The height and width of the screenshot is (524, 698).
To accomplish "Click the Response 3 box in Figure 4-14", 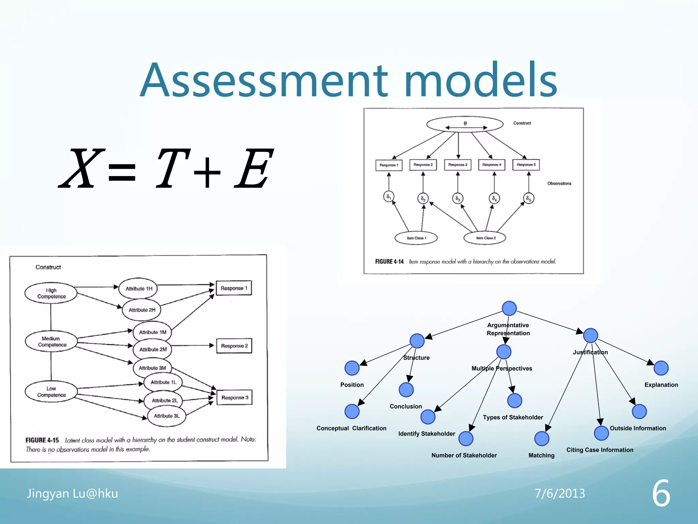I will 458,165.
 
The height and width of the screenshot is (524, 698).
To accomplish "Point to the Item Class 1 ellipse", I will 416,238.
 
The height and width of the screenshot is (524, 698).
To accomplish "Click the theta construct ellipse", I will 465,124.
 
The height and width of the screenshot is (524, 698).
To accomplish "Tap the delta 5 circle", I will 528,198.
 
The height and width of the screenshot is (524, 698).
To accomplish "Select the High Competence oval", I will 51,293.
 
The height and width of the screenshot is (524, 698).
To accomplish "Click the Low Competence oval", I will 51,392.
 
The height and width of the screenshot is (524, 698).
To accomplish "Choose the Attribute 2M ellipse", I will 153,349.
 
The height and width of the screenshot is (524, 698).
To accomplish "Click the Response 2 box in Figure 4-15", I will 234,346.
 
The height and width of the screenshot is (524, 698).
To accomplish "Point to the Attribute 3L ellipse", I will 167,416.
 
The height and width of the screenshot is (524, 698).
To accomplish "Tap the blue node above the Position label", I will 352,368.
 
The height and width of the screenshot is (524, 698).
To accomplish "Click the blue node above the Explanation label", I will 661,368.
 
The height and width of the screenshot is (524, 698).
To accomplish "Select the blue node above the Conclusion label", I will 406,390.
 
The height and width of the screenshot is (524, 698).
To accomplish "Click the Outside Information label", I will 638,428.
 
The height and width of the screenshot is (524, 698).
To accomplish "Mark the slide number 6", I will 661,493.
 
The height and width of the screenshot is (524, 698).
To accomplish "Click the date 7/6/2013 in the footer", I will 560,493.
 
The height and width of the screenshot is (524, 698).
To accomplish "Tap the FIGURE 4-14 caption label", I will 389,262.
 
